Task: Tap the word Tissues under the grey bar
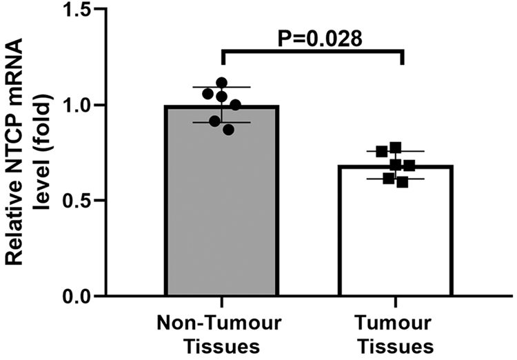coord(221,346)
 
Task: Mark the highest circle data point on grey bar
coord(221,83)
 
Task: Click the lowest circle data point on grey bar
coord(227,129)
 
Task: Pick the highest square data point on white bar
coord(396,148)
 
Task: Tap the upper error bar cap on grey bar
coord(221,88)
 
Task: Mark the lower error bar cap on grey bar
coord(221,122)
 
